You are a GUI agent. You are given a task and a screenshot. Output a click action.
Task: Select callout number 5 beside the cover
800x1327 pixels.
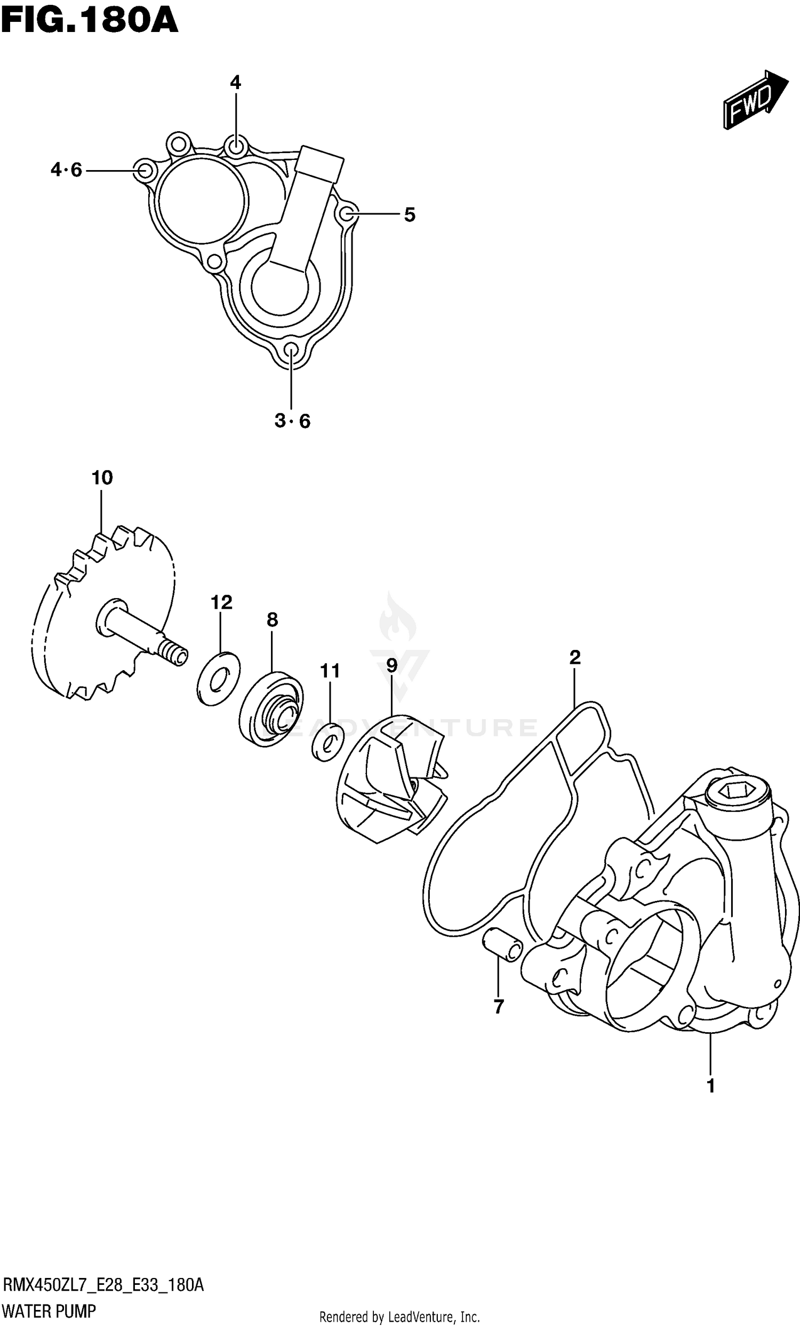tap(410, 215)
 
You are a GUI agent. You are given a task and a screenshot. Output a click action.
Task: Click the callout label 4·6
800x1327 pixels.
tap(66, 170)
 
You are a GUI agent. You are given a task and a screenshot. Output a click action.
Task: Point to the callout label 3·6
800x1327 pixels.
tap(292, 421)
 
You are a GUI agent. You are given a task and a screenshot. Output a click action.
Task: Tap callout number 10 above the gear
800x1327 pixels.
tap(102, 477)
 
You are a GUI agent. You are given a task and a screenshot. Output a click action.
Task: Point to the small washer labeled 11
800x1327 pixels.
tap(327, 742)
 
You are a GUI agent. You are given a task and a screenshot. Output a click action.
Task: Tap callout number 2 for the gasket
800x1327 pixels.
tap(574, 657)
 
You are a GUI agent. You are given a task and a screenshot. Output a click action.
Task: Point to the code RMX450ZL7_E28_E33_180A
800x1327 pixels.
tap(103, 1286)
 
